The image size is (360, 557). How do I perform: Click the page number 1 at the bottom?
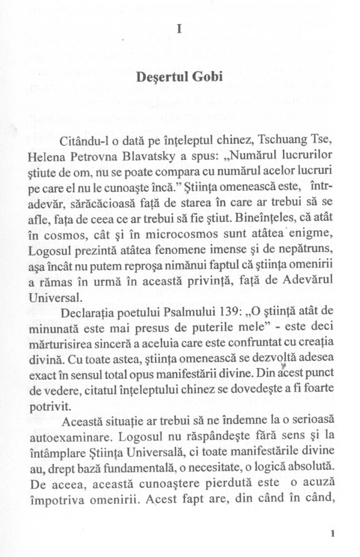click(x=332, y=533)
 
